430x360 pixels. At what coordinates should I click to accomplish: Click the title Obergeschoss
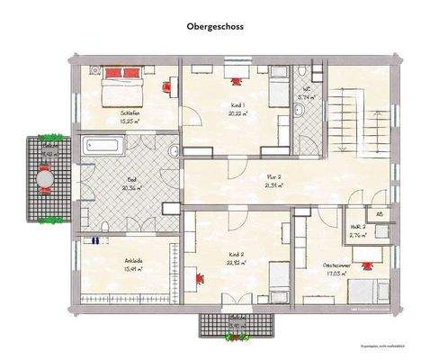214,27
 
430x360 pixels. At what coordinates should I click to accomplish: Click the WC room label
306,92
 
